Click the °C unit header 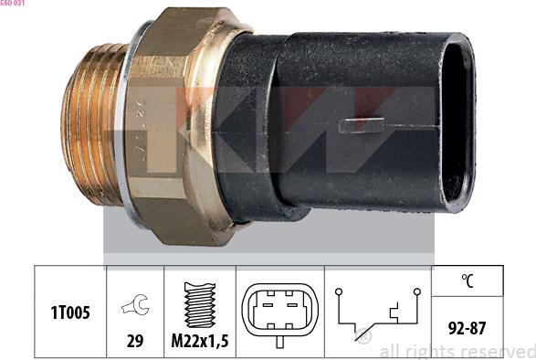467,281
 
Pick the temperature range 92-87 467,327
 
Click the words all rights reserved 456,351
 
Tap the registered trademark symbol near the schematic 363,337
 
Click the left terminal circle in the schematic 338,291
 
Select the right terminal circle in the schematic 416,291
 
